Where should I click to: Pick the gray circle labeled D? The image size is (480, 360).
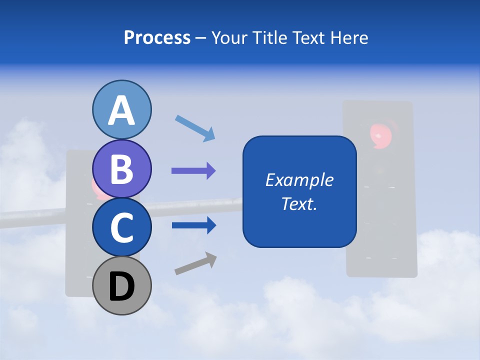(121, 285)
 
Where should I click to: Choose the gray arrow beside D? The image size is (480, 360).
(195, 263)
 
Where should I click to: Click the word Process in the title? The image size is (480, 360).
(157, 37)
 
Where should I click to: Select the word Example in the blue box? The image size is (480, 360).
(299, 180)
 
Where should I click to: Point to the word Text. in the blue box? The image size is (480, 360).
(299, 203)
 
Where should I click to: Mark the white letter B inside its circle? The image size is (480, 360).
(121, 169)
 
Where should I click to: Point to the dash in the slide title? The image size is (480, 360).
(201, 38)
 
